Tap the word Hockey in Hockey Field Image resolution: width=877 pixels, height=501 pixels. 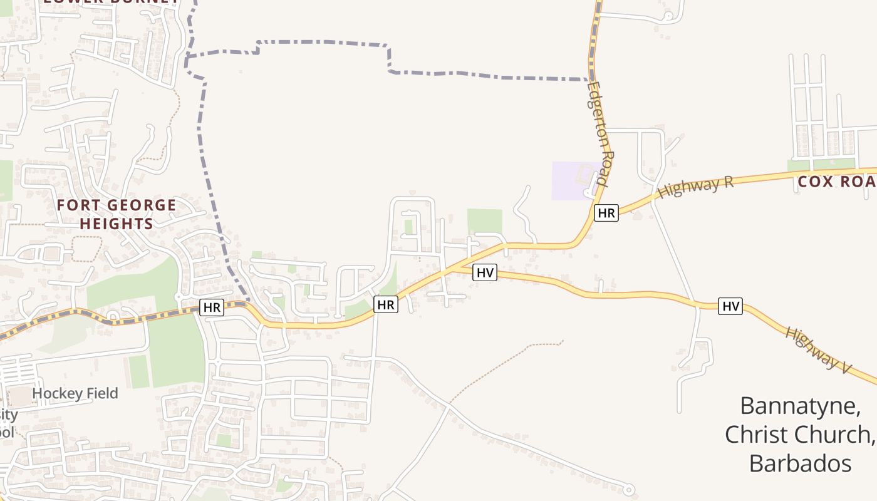(58, 393)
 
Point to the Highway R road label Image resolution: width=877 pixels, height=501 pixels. (695, 187)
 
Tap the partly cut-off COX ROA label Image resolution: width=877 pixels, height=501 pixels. (837, 182)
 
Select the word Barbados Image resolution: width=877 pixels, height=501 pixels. (800, 463)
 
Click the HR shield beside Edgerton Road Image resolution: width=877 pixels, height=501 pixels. (606, 213)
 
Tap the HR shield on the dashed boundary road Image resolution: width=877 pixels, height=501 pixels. (212, 307)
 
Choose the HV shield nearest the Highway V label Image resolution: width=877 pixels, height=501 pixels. (730, 306)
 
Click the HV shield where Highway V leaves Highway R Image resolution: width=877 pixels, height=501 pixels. (485, 272)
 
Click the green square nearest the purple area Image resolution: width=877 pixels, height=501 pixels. (485, 221)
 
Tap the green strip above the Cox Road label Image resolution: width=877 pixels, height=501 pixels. (821, 165)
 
